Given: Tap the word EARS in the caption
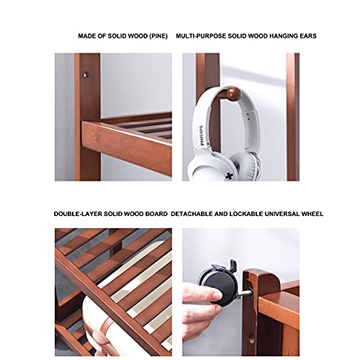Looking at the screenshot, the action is [308, 36].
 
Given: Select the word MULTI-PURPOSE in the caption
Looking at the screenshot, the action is [201, 36].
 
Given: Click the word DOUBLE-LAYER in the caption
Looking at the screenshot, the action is [78, 214].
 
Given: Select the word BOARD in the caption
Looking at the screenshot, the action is [157, 214].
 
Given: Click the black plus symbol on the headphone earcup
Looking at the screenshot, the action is [229, 176].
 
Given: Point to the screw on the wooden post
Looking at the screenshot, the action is [85, 75].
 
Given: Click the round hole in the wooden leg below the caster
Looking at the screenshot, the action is [251, 338].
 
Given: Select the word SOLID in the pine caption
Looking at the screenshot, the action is [117, 36].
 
